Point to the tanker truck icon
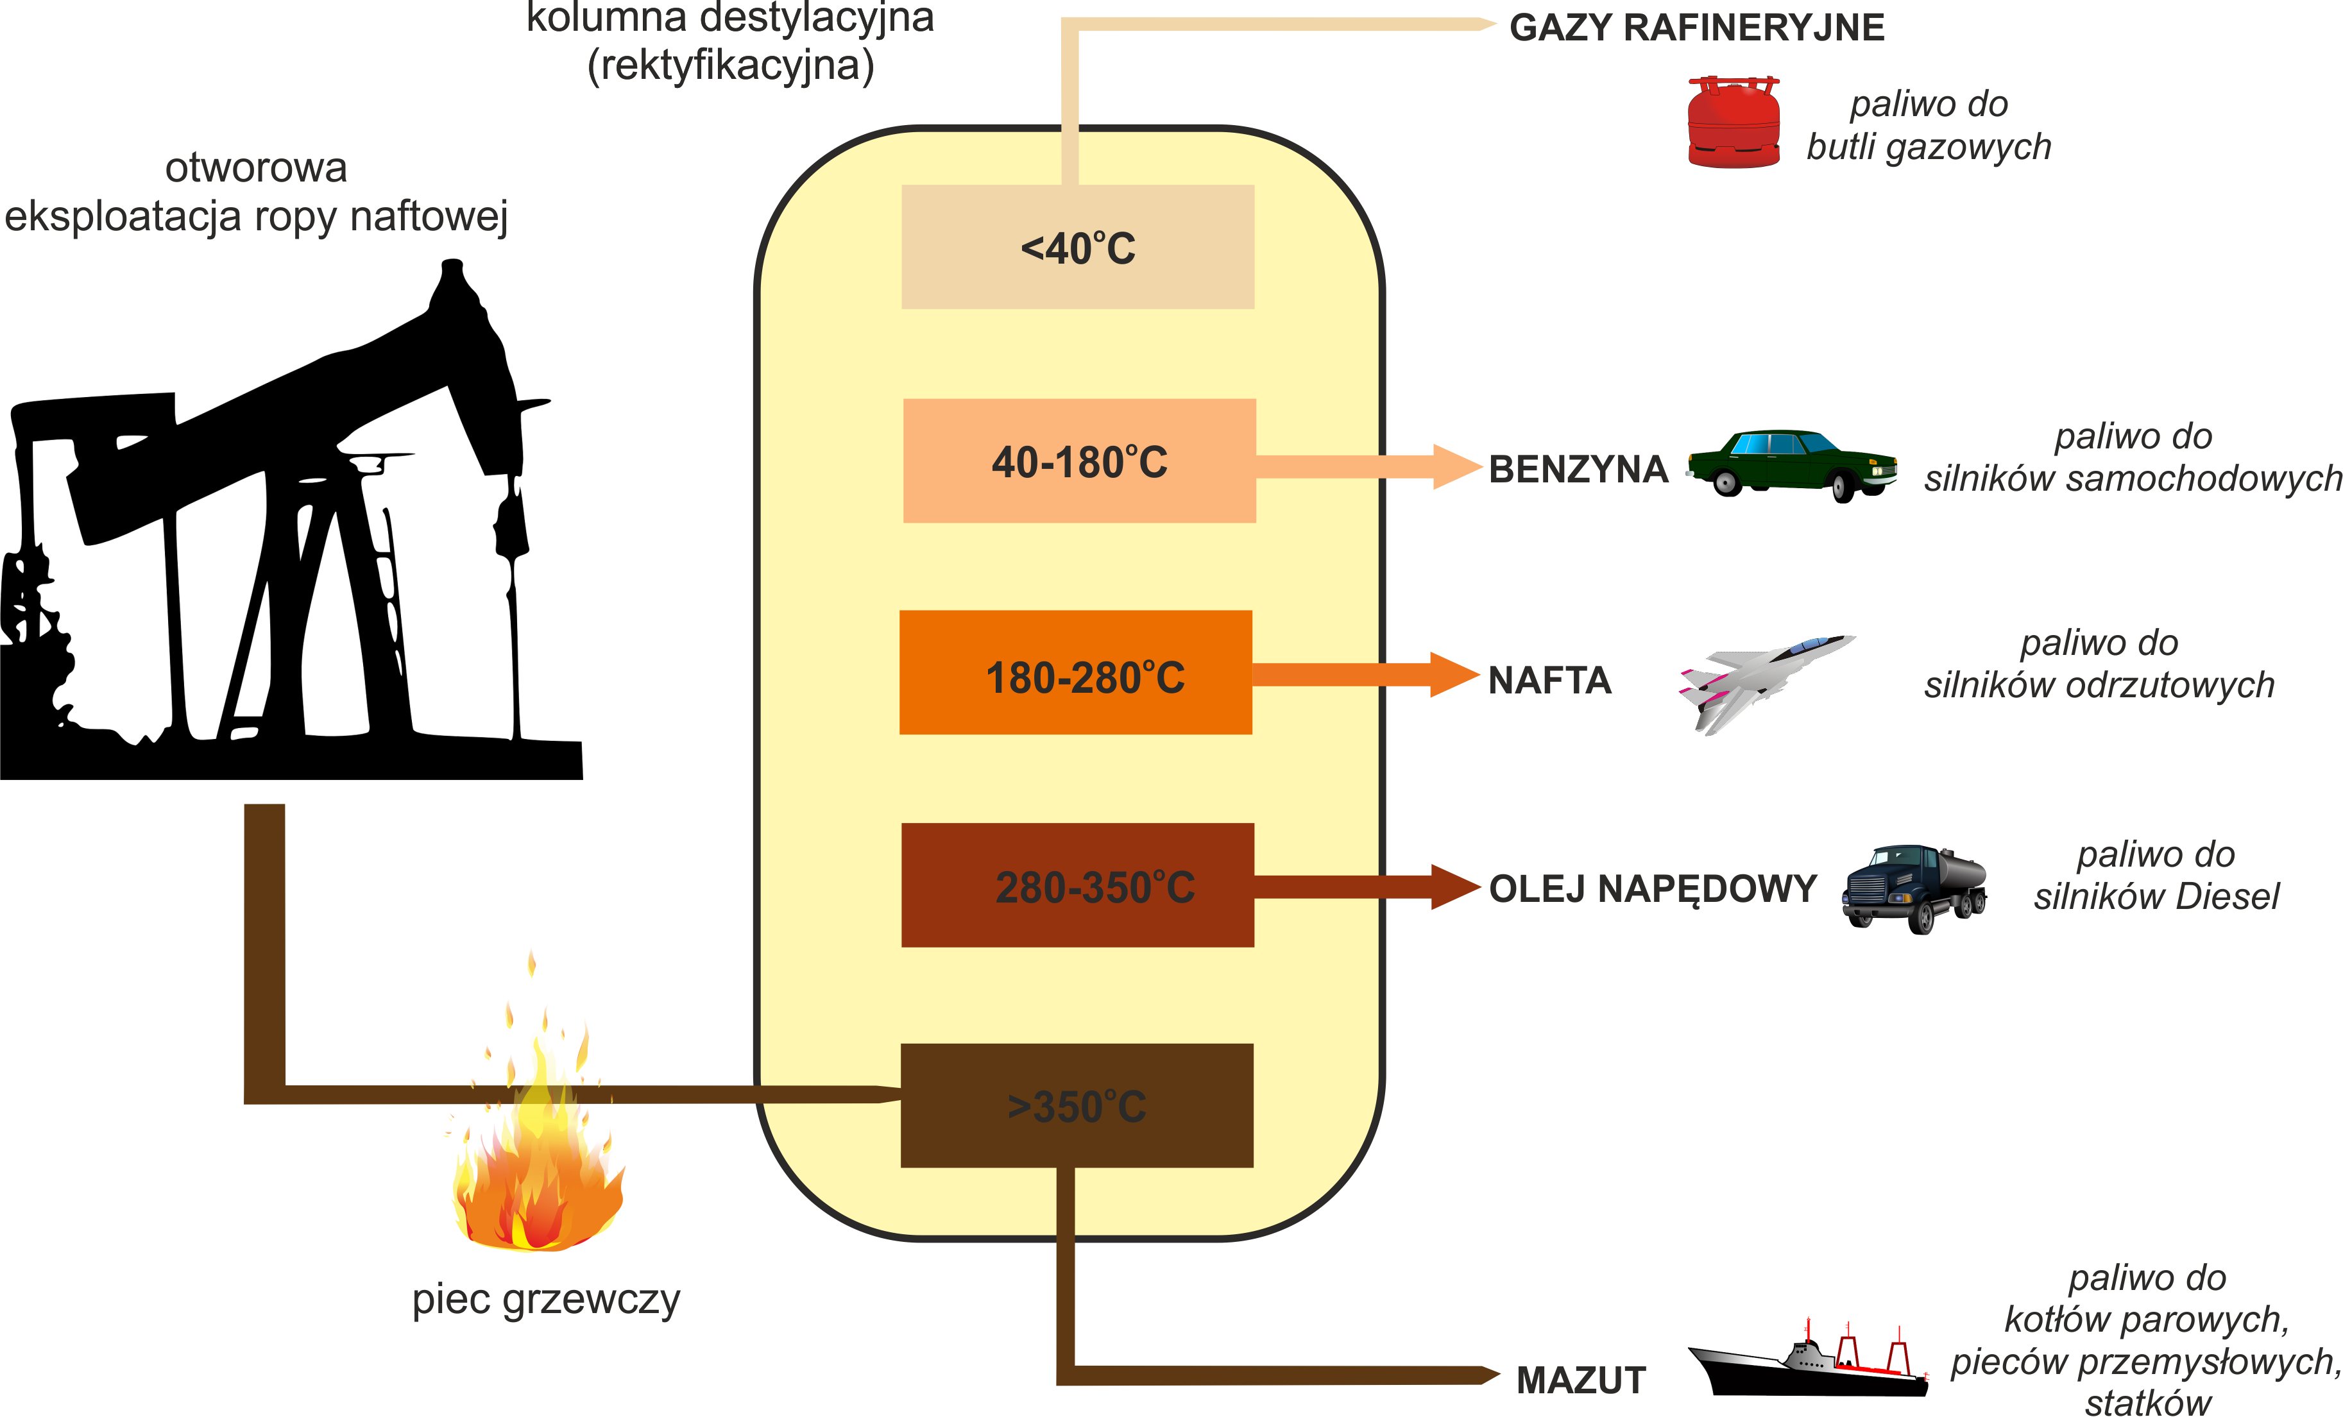pos(1913,887)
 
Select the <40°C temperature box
pos(1077,247)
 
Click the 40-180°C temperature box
pos(1079,461)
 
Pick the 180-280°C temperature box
pos(1075,672)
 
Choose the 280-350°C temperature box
pos(1077,885)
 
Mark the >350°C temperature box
pos(1077,1105)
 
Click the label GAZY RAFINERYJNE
pos(1696,28)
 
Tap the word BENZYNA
pos(1578,469)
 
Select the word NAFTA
pos(1549,680)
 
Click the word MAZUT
pos(1580,1380)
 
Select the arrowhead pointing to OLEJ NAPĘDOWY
pos(1455,887)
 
